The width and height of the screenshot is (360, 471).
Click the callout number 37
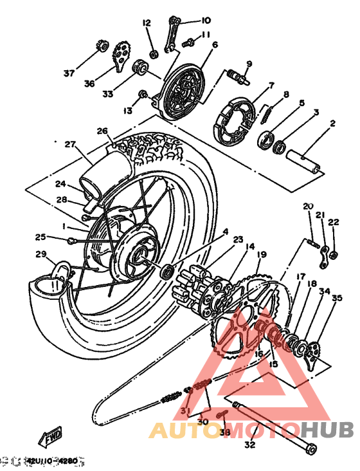[x=69, y=72]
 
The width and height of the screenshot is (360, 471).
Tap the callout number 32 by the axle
[x=249, y=444]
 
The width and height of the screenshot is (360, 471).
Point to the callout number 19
[x=261, y=255]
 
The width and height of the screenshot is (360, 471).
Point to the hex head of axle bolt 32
[x=311, y=447]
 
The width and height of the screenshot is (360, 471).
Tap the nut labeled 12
[x=154, y=53]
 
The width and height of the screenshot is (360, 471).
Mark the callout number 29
[x=40, y=254]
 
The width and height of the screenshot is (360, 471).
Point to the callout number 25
[x=40, y=237]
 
